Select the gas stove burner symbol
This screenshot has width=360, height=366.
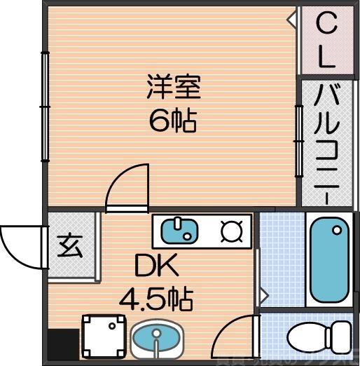pyautogui.click(x=230, y=231)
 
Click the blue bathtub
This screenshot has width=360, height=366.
pyautogui.click(x=329, y=260)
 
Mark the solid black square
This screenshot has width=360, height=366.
pyautogui.click(x=62, y=346)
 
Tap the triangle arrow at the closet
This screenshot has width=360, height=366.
pyautogui.click(x=291, y=21)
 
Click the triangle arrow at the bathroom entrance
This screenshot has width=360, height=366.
pyautogui.click(x=263, y=295)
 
